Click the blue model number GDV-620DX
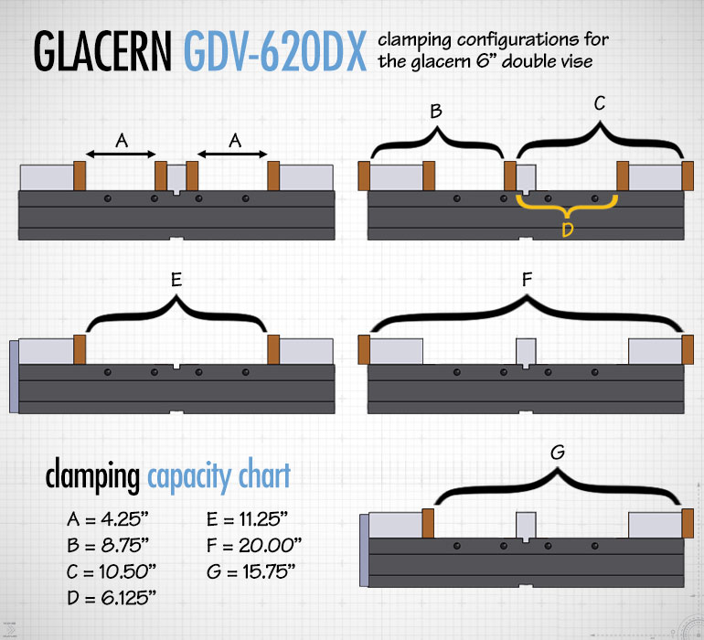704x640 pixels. point(275,51)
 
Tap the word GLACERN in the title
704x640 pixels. point(102,51)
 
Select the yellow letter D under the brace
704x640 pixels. point(568,230)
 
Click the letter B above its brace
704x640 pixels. point(436,111)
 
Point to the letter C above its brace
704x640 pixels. point(600,103)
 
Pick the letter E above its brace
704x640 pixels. point(176,280)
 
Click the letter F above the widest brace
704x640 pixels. point(528,280)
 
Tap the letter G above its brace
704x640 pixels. point(558,452)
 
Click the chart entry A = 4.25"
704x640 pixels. point(107,519)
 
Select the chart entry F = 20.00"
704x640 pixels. point(254,545)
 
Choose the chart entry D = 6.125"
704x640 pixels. point(112,598)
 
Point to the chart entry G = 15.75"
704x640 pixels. point(251,571)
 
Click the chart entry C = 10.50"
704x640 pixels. point(112,571)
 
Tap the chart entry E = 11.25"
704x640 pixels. point(247,519)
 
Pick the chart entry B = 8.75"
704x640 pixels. point(108,545)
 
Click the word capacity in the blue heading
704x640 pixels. point(190,477)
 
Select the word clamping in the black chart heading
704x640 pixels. point(92,476)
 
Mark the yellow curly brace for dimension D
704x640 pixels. point(567,207)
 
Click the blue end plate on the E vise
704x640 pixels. point(14,377)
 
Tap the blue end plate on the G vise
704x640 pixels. point(364,550)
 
